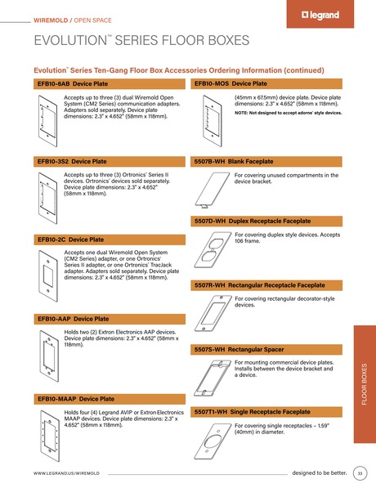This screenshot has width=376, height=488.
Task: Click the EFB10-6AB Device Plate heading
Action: click(73, 83)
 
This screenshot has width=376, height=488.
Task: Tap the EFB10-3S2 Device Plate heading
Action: click(72, 162)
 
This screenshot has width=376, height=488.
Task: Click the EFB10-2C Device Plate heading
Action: click(70, 240)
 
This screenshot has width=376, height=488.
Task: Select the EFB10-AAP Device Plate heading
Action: click(73, 318)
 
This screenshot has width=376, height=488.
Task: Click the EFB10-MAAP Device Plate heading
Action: click(76, 398)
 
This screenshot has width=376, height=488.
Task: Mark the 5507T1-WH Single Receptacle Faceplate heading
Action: click(253, 411)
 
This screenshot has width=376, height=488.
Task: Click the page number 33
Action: click(360, 472)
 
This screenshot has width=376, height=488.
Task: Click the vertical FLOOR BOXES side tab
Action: click(364, 385)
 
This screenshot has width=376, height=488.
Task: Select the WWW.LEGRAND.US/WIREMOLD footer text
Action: click(66, 473)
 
